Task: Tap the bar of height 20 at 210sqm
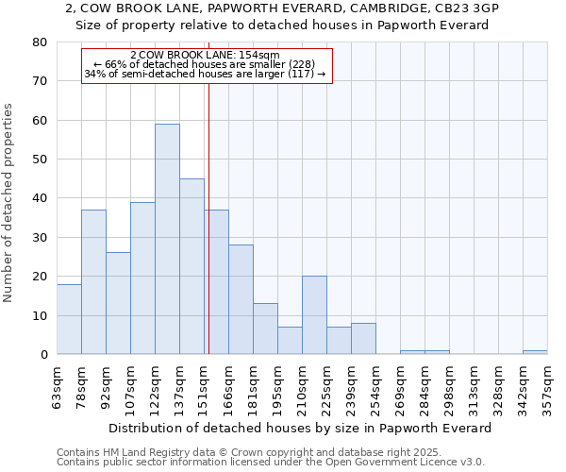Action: pyautogui.click(x=314, y=315)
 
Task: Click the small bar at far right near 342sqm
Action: pyautogui.click(x=535, y=352)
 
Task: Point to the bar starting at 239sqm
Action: pyautogui.click(x=363, y=339)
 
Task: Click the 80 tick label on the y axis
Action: pyautogui.click(x=40, y=42)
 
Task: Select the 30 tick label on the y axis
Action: pyautogui.click(x=40, y=238)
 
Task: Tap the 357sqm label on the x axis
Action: pyautogui.click(x=548, y=388)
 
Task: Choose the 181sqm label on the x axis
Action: pyautogui.click(x=254, y=388)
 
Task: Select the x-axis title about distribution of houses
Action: pyautogui.click(x=307, y=428)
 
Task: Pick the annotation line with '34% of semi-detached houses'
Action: pyautogui.click(x=205, y=74)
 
